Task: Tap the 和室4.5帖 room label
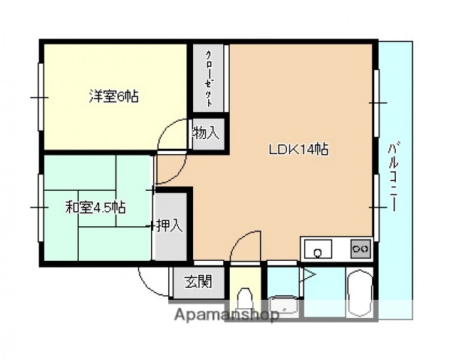click(x=95, y=207)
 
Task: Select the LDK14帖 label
click(x=297, y=149)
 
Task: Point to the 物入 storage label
click(x=206, y=134)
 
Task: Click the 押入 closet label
click(x=169, y=225)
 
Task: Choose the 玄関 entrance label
click(x=198, y=283)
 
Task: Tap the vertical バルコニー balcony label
click(x=394, y=177)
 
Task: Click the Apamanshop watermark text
click(x=225, y=315)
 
